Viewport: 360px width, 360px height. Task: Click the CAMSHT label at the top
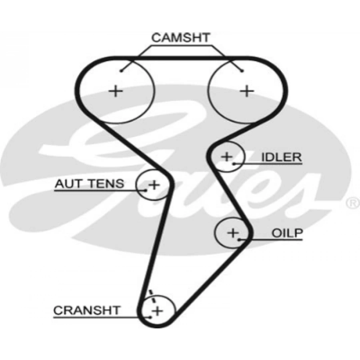pyautogui.click(x=180, y=38)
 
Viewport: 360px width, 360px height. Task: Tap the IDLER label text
pyautogui.click(x=281, y=157)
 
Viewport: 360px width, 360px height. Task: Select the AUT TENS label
pyautogui.click(x=89, y=184)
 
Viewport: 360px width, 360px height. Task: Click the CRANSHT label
pyautogui.click(x=86, y=310)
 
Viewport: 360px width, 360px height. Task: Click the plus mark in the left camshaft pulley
pyautogui.click(x=116, y=91)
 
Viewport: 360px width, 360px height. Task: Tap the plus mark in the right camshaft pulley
pyautogui.click(x=247, y=91)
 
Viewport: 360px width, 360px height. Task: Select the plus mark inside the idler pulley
pyautogui.click(x=227, y=156)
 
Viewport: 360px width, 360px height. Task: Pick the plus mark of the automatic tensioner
pyautogui.click(x=154, y=185)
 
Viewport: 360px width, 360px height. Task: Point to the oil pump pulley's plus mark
pyautogui.click(x=232, y=232)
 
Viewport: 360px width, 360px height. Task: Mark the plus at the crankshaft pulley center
pyautogui.click(x=158, y=310)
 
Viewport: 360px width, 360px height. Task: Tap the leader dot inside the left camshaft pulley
pyautogui.click(x=120, y=71)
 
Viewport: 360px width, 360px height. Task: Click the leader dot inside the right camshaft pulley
pyautogui.click(x=242, y=71)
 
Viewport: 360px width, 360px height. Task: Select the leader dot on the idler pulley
pyautogui.click(x=233, y=163)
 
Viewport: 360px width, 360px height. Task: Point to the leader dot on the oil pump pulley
pyautogui.click(x=239, y=240)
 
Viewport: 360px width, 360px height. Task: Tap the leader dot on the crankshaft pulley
pyautogui.click(x=150, y=316)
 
